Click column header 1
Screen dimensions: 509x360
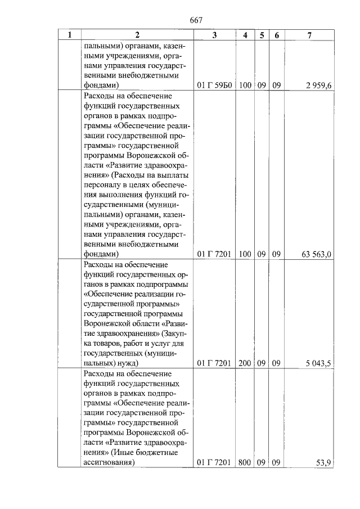pos(69,35)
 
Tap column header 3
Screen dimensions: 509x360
pos(214,35)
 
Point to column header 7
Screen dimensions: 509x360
pos(309,35)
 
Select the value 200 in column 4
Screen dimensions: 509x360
pos(244,364)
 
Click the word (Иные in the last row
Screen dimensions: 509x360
pos(127,453)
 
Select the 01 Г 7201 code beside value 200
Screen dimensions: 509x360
pos(214,364)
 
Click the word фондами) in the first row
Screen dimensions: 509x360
pos(101,85)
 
